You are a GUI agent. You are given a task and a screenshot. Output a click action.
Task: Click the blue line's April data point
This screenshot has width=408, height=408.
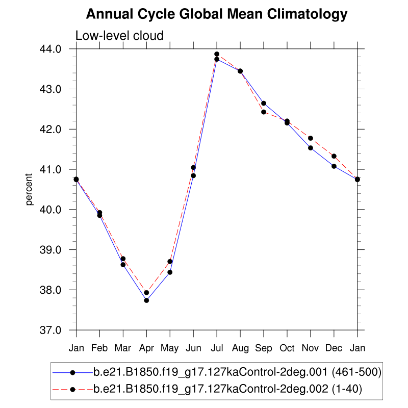click(146, 300)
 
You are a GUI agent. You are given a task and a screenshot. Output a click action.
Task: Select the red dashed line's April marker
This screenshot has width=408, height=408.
click(146, 293)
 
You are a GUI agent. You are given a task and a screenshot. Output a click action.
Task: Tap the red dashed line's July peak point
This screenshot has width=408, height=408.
click(217, 54)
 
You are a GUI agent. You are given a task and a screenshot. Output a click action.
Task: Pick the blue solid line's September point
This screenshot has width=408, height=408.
click(264, 104)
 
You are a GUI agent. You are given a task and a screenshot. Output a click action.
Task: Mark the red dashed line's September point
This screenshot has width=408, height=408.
click(264, 112)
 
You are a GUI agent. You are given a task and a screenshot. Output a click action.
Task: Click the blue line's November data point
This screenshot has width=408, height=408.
click(311, 148)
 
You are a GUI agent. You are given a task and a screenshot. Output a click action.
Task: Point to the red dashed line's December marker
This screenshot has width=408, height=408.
click(334, 156)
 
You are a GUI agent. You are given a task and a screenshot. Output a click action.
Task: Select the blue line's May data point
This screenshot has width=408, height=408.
click(170, 272)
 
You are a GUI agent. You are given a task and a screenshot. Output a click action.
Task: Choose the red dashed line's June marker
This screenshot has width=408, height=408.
click(193, 167)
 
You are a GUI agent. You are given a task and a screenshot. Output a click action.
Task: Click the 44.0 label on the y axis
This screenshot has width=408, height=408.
click(58, 49)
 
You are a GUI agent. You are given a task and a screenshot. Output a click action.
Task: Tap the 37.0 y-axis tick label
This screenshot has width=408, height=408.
click(58, 330)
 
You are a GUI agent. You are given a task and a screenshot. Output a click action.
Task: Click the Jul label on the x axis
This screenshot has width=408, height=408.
click(217, 348)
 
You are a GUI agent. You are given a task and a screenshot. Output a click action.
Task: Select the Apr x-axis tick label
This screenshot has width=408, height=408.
click(146, 348)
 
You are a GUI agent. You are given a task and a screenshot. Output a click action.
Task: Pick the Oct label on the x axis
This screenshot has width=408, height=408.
click(287, 348)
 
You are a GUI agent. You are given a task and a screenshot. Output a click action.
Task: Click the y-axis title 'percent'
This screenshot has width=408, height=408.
click(30, 190)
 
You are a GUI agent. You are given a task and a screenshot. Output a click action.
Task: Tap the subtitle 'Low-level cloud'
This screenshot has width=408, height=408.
click(119, 36)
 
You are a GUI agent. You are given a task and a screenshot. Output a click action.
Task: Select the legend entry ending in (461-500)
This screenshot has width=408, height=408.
click(237, 373)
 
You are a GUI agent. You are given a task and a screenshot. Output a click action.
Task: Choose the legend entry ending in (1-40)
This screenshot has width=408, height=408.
click(227, 389)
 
